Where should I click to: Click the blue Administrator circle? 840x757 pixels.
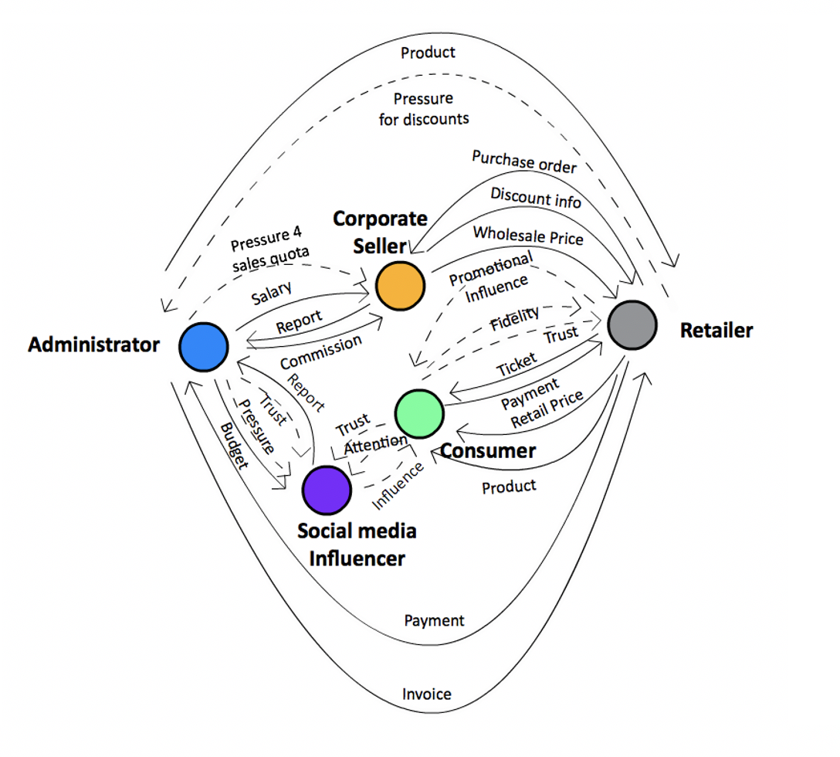coord(204,346)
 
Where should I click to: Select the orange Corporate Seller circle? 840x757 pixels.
coord(400,286)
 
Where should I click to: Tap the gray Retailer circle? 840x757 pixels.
coord(632,325)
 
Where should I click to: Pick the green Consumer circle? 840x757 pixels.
coord(419,413)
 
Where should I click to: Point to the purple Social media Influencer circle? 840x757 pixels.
coord(327,490)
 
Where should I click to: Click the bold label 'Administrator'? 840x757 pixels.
coord(93,345)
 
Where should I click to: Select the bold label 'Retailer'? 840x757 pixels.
coord(716,331)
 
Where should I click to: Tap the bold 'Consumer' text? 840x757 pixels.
coord(488,450)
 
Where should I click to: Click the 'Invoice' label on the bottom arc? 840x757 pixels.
coord(426,694)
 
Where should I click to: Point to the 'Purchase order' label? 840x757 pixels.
coord(523,162)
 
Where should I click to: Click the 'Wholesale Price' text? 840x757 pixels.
coord(528,235)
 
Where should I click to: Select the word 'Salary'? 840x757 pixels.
coord(272,294)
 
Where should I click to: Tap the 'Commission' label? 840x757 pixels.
coord(320,352)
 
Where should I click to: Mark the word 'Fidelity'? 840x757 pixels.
coord(515,318)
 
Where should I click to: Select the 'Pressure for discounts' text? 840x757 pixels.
coord(423,109)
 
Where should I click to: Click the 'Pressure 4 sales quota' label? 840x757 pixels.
coord(270,247)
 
